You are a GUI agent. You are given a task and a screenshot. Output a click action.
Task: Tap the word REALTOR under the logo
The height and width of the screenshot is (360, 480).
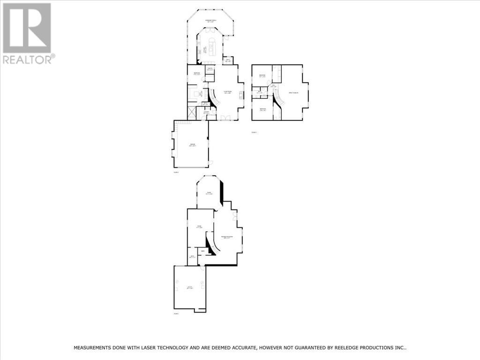[27, 59]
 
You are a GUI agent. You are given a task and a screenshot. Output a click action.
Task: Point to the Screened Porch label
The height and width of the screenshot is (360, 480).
[210, 21]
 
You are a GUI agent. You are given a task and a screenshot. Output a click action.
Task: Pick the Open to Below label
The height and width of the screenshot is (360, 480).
[294, 93]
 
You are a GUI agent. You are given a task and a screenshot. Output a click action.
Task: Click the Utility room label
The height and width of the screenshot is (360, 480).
[190, 287]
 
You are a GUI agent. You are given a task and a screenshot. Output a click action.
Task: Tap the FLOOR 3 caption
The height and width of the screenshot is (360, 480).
[255, 133]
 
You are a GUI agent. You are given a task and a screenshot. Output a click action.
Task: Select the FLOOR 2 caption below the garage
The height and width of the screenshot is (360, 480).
[176, 172]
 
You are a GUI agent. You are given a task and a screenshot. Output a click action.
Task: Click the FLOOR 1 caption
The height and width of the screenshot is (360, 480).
[177, 313]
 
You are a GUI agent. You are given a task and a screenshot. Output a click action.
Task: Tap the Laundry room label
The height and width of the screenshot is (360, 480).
[206, 112]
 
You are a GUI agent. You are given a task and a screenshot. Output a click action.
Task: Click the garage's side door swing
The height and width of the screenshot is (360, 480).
[210, 163]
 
